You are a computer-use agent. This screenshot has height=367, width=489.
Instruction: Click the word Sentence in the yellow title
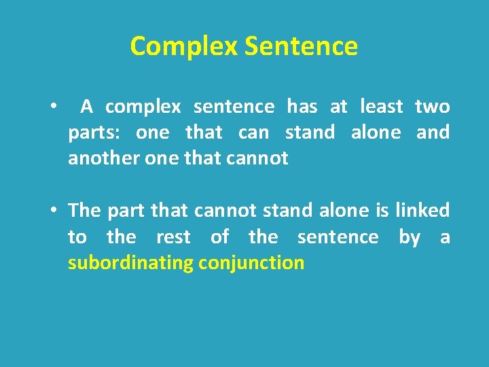301,46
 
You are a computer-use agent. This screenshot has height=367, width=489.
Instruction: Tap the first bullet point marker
52,107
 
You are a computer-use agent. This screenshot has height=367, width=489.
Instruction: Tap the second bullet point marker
52,211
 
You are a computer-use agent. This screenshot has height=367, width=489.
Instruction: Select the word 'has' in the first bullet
302,107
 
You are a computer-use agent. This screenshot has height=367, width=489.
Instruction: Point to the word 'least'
381,107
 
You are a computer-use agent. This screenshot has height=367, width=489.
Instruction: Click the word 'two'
432,107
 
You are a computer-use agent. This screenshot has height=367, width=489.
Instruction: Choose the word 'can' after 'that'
253,133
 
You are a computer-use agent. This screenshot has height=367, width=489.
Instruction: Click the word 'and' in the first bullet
433,133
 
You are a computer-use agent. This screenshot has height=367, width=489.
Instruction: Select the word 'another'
101,158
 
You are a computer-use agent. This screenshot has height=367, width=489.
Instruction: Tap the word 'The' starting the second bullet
84,211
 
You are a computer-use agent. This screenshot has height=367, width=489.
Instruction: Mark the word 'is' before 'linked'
382,211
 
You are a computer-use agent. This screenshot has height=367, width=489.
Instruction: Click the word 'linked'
422,211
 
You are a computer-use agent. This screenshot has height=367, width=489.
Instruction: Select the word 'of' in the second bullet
219,237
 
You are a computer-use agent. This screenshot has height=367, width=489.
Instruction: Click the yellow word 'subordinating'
130,263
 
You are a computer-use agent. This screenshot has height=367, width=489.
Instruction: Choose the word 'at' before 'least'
338,107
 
